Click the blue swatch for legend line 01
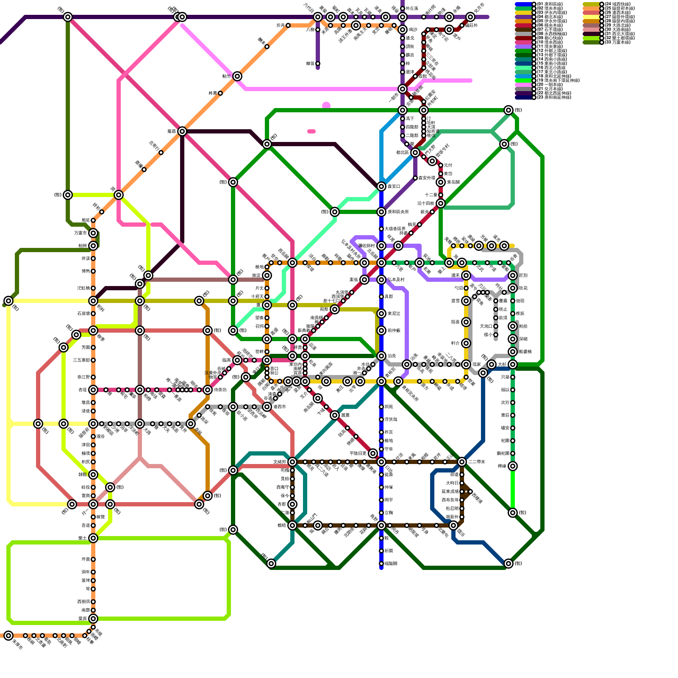pos(524,4)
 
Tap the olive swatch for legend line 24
pos(592,4)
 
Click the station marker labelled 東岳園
pos(441,182)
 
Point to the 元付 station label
pos(448,165)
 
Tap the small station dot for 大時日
pos(462,483)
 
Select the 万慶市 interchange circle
pos(93,233)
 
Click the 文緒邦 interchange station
pos(292,462)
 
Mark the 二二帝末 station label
pos(477,462)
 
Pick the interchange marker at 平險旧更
pos(373,453)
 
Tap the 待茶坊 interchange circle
pos(208,390)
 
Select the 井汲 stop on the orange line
pos(93,258)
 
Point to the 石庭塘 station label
pos(83,314)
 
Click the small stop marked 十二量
pos(441,195)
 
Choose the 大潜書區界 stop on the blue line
pos(381,229)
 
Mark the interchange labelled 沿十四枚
pos(441,203)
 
